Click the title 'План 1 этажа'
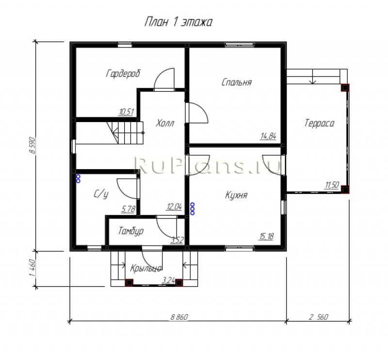178,22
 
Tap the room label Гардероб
123,74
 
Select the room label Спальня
237,82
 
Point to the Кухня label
236,195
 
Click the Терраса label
319,123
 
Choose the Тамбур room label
131,231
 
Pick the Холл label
165,123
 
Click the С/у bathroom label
101,194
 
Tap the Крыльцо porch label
146,268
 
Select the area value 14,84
268,136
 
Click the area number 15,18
266,236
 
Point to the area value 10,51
127,112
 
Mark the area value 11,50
332,185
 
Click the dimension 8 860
179,317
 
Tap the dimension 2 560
319,317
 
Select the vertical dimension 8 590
32,145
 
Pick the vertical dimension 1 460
32,268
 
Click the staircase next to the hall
125,133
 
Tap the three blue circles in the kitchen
192,209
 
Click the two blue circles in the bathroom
78,179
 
